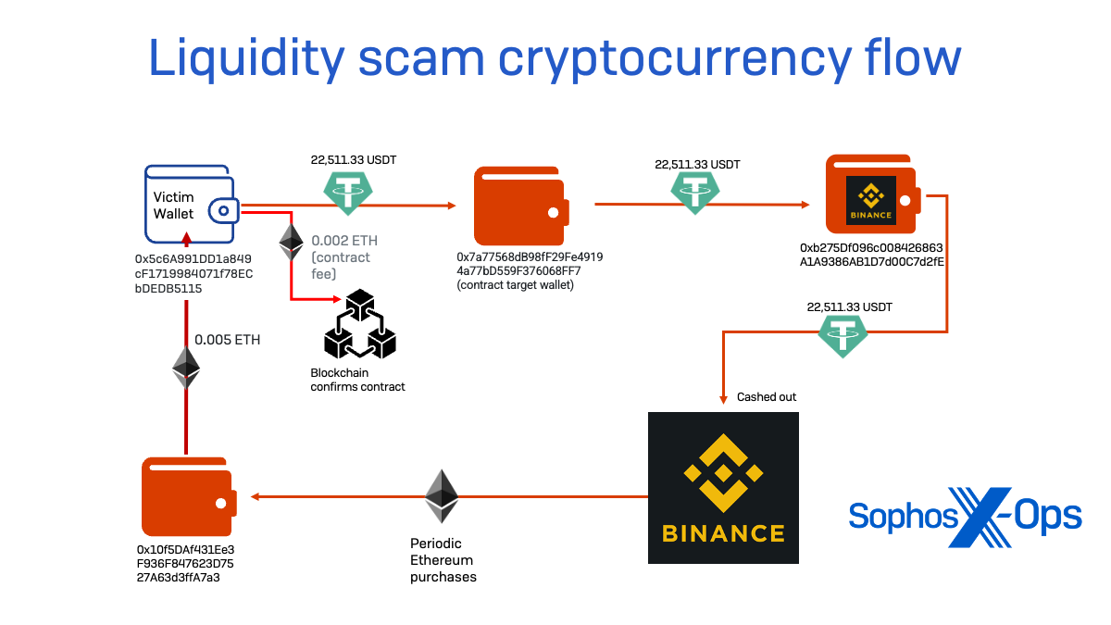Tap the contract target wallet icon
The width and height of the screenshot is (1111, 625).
click(521, 206)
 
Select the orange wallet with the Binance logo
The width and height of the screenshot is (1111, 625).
click(873, 195)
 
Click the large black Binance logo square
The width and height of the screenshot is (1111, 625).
click(723, 487)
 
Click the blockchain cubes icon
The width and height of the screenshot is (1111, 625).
click(359, 326)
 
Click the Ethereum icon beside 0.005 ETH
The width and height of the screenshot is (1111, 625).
click(186, 368)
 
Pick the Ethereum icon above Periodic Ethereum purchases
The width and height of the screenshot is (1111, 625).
click(442, 496)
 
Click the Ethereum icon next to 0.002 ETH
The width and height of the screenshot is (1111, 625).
click(291, 241)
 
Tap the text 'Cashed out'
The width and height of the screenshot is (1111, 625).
click(767, 397)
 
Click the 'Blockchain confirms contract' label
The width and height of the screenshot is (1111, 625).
click(357, 380)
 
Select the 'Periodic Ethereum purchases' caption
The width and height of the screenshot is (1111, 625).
click(443, 560)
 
